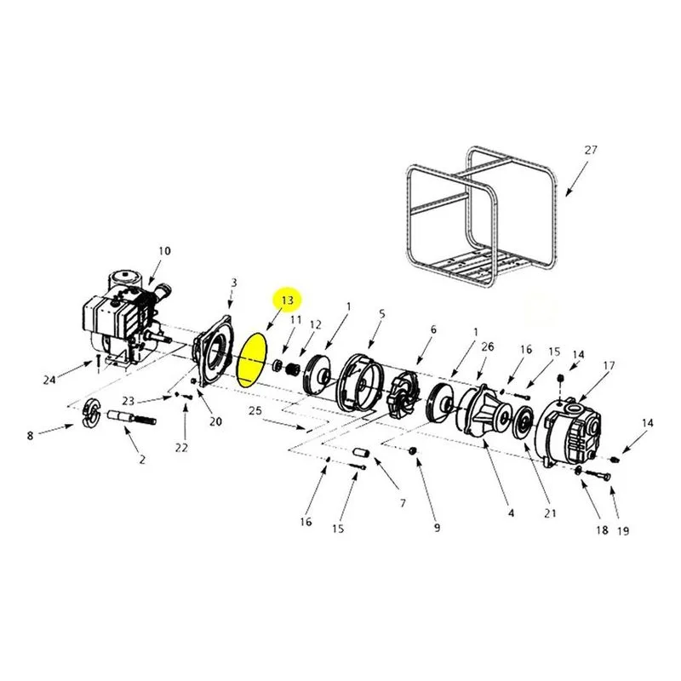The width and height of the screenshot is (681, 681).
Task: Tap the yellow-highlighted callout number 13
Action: tap(287, 300)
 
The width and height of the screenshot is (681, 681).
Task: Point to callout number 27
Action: tap(590, 151)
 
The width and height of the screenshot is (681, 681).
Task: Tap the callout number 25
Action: tap(255, 410)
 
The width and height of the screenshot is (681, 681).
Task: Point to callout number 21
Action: tap(550, 513)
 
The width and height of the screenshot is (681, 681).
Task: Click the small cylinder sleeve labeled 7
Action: tap(362, 453)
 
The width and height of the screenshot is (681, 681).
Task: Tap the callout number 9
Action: tap(437, 527)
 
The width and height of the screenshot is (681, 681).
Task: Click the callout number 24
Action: tap(49, 380)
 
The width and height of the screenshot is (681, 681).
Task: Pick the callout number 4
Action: tap(511, 513)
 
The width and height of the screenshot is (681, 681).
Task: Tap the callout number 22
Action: tap(181, 448)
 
